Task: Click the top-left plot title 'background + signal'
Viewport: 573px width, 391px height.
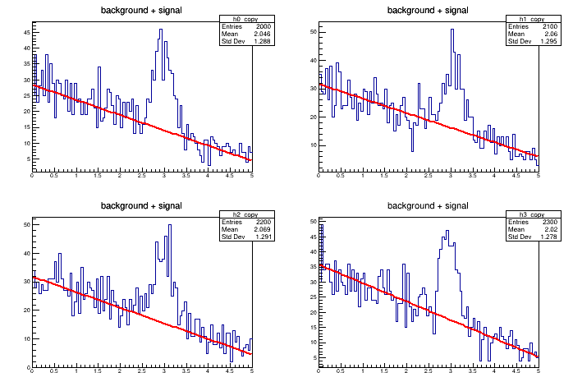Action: (141, 10)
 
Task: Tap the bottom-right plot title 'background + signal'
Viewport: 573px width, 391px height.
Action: (428, 205)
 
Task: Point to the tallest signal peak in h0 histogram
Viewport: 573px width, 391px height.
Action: (161, 30)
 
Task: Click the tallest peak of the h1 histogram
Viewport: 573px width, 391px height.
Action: (452, 30)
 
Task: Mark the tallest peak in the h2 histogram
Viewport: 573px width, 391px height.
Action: (170, 225)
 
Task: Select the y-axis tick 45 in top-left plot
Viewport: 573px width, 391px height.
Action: (26, 33)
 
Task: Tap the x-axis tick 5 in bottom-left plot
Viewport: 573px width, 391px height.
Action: (251, 372)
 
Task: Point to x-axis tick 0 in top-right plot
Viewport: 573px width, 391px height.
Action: (319, 176)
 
